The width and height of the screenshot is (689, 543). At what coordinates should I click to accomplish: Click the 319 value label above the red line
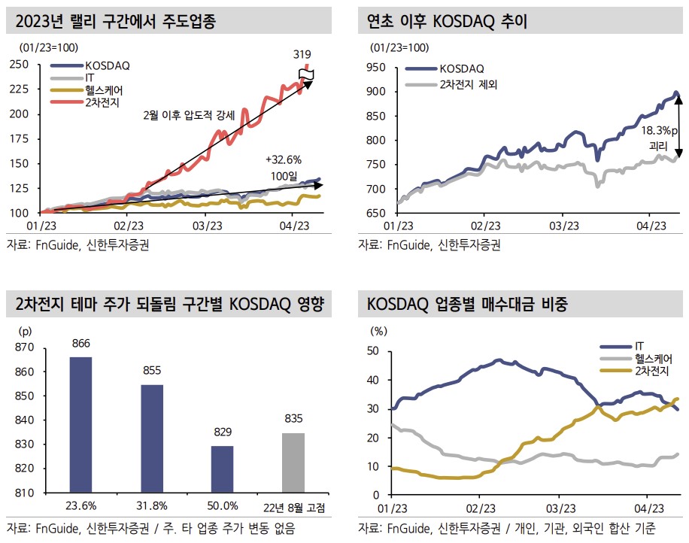coord(302,54)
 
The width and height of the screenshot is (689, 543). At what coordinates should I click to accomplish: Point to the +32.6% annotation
coord(283,159)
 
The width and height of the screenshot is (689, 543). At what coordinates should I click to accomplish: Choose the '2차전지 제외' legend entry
coord(470,83)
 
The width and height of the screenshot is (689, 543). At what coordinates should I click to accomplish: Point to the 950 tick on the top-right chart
coord(376,68)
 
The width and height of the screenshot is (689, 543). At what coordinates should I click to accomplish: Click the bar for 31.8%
coord(152,438)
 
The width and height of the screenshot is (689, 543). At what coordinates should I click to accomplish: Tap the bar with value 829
coord(223,469)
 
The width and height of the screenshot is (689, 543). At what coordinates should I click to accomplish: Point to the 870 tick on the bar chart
coord(25,347)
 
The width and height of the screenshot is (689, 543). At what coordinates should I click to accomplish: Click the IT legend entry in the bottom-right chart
coord(640,346)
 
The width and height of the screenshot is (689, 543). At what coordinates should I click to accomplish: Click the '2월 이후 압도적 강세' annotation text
coord(189,116)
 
